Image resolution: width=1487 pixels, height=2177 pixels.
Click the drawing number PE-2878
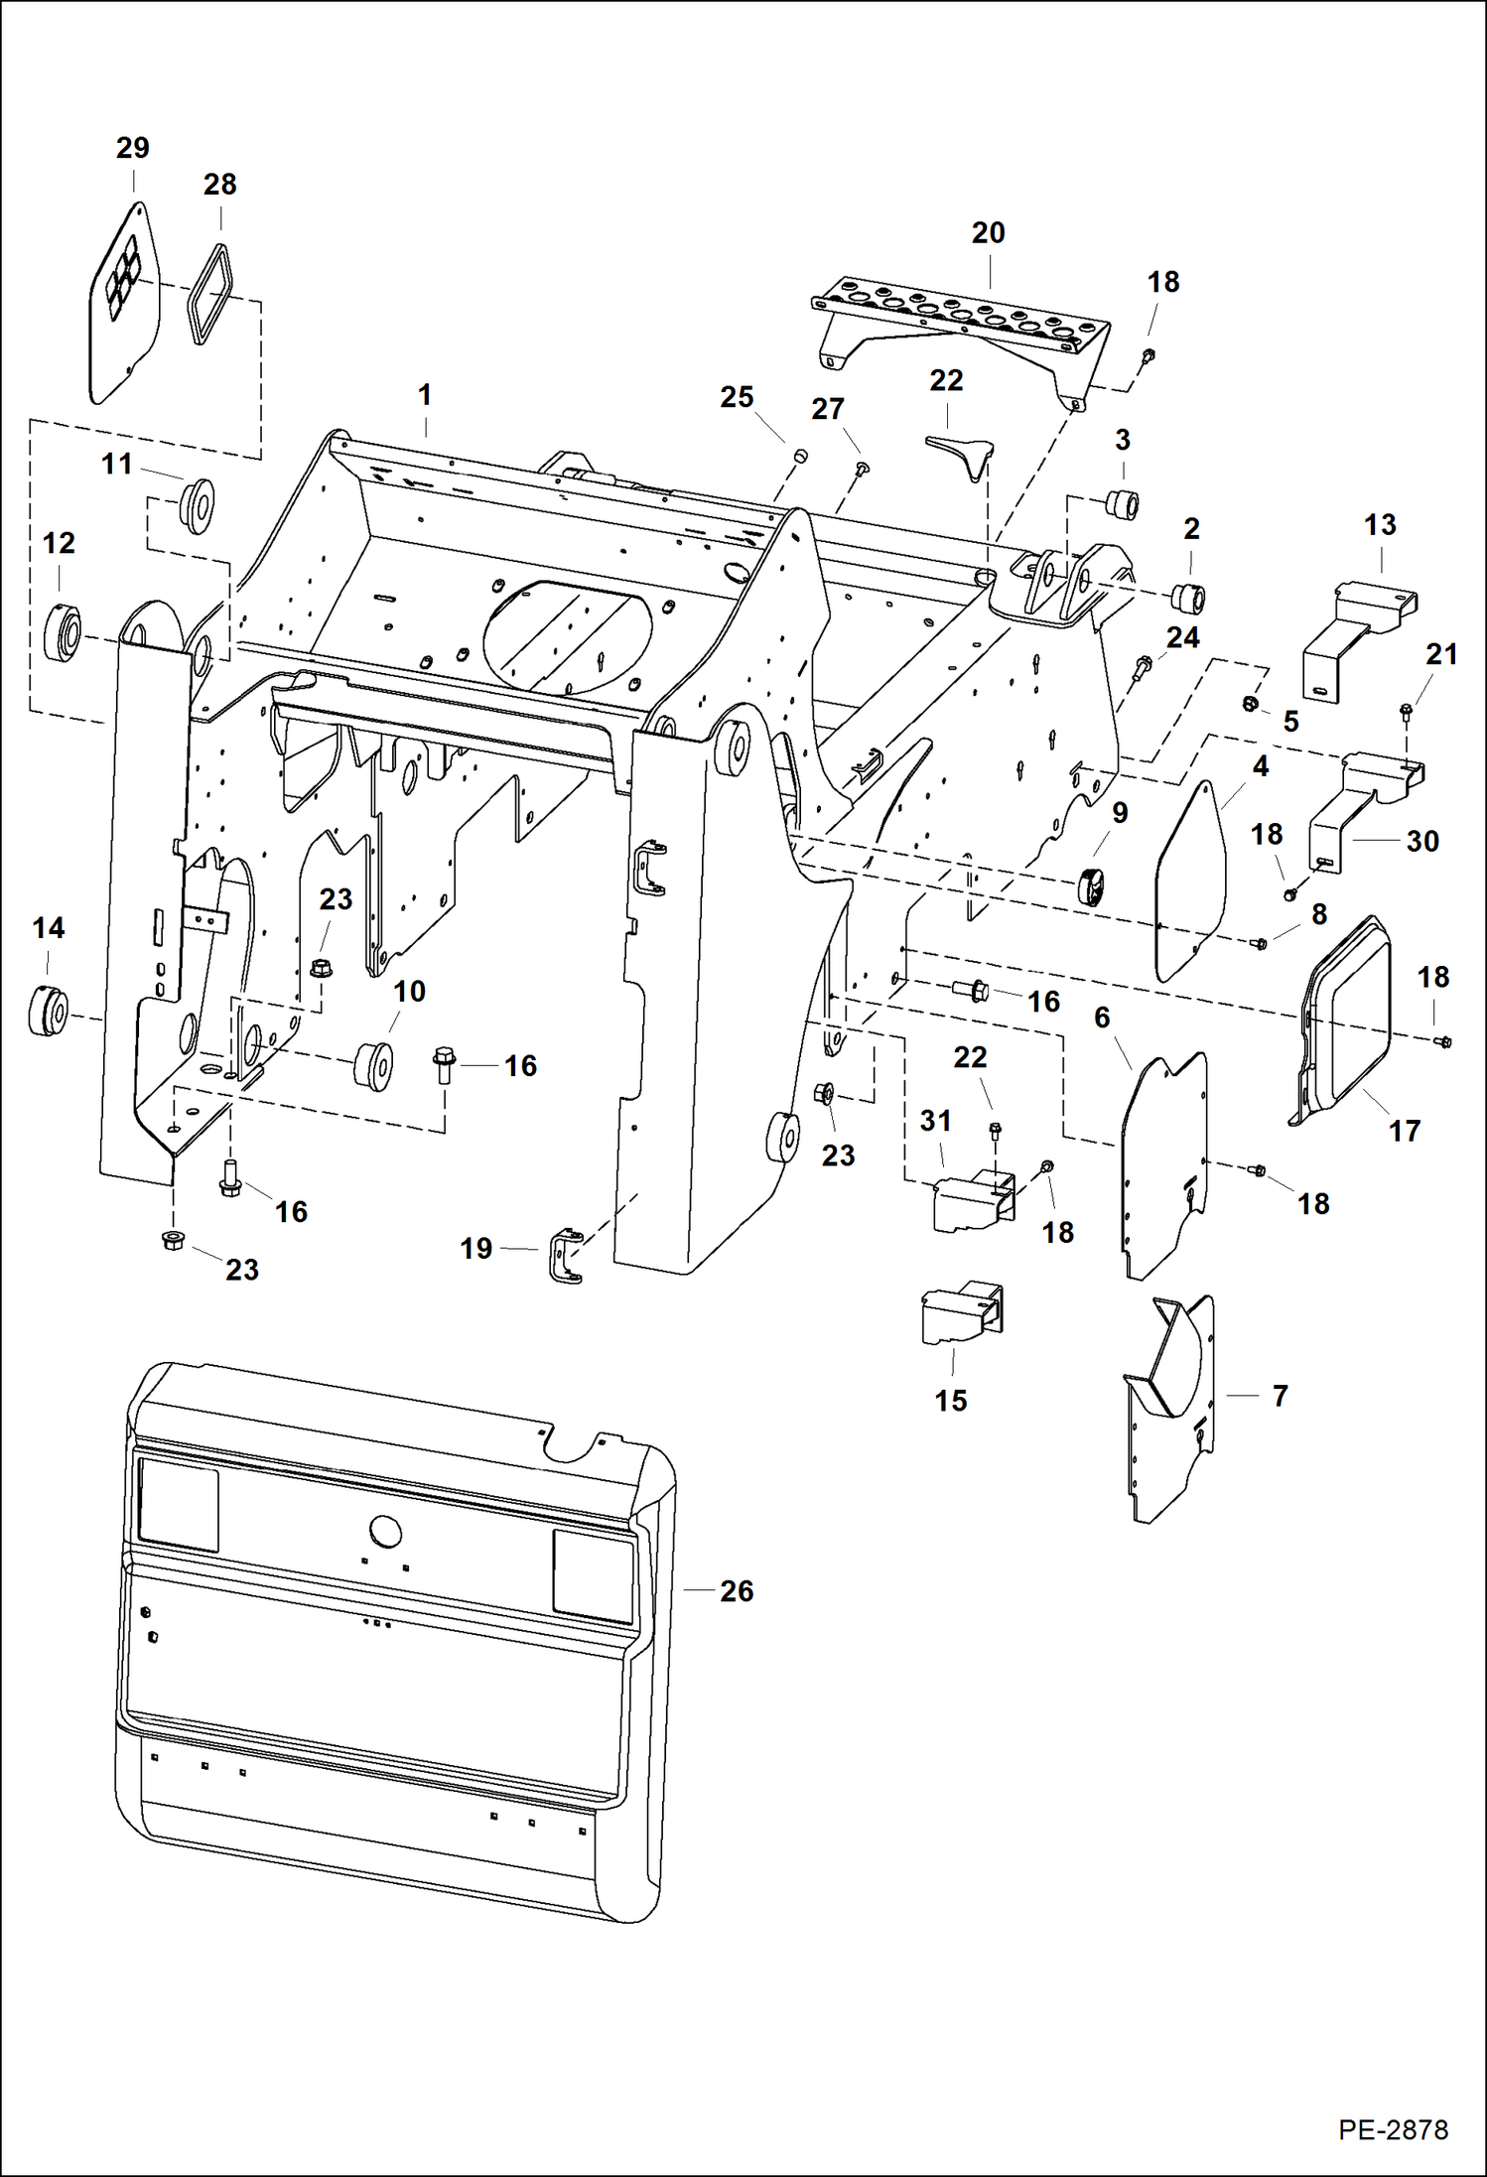(1392, 2129)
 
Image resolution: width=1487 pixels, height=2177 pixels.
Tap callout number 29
(132, 148)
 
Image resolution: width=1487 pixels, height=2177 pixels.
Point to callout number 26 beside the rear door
(737, 1591)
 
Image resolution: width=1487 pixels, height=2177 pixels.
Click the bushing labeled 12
(63, 635)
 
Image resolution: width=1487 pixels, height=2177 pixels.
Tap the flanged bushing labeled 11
(198, 503)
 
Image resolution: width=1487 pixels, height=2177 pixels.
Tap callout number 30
(1422, 841)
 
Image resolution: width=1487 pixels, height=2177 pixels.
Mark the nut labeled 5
(1251, 705)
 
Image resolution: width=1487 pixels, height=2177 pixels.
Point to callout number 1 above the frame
(425, 395)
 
